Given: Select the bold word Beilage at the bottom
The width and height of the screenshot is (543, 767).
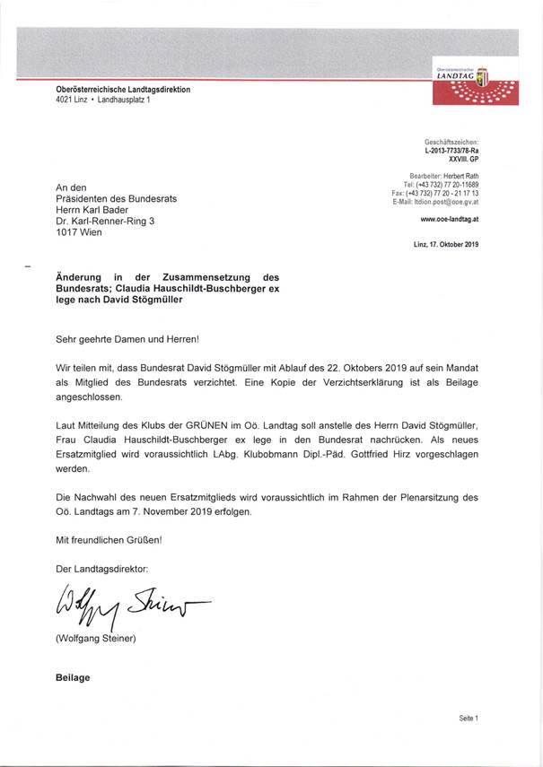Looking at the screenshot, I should pyautogui.click(x=73, y=677).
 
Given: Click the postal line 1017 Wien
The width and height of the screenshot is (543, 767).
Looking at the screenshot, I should pyautogui.click(x=79, y=232).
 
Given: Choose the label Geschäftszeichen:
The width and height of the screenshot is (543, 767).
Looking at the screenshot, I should pyautogui.click(x=452, y=142).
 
